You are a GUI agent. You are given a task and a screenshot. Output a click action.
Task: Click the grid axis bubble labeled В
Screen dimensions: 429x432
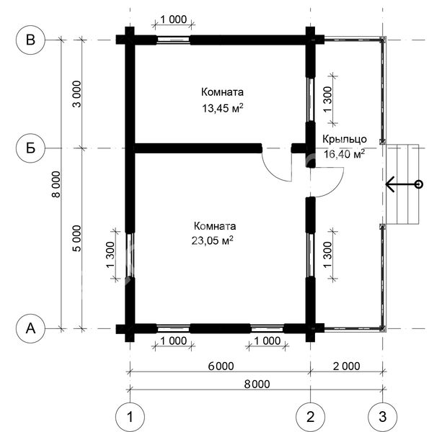click(30, 40)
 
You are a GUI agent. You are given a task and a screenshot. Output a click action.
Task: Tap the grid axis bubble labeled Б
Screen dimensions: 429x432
click(30, 148)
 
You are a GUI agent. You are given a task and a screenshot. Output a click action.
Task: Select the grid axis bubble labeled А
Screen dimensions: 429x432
click(30, 328)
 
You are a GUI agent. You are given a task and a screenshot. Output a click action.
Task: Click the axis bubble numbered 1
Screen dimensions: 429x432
click(130, 417)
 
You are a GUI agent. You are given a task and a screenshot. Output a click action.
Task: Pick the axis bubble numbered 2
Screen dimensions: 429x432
click(310, 417)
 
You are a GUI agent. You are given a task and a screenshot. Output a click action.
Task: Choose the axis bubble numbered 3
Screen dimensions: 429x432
click(383, 417)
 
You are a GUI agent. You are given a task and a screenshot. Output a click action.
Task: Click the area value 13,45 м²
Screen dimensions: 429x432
click(223, 108)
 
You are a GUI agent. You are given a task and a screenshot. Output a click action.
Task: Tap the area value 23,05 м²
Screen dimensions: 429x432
click(212, 240)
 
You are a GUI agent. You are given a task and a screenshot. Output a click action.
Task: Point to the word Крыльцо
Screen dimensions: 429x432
click(345, 139)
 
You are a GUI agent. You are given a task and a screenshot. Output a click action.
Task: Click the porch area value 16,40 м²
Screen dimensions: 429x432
click(344, 154)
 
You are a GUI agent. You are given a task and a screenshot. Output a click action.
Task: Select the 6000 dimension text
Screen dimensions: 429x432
click(221, 366)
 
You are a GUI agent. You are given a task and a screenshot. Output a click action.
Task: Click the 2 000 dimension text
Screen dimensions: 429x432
click(347, 366)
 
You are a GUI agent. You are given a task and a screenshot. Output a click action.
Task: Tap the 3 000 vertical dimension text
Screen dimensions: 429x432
click(76, 94)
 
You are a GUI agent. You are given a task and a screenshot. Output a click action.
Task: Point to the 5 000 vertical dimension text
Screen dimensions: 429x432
click(76, 238)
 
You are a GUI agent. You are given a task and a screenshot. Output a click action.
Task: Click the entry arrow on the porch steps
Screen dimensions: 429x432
click(402, 184)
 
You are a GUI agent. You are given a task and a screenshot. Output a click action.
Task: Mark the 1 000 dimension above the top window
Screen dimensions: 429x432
click(174, 19)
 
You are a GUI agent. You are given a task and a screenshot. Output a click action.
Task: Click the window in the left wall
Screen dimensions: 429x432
click(130, 255)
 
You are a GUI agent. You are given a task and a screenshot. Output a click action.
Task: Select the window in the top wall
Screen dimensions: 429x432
click(174, 40)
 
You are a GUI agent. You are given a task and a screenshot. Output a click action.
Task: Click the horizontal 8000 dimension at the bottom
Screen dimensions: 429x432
click(257, 384)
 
